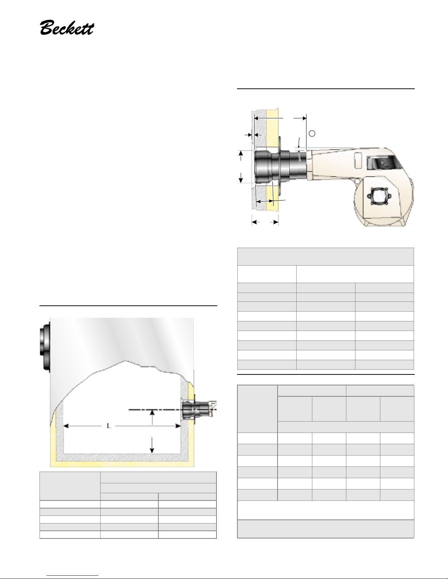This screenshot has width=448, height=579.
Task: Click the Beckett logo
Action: tap(67, 28)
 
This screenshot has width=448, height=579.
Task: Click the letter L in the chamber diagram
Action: tap(109, 426)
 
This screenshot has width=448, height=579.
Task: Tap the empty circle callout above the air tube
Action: tap(312, 133)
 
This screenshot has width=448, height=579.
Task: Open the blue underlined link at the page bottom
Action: tap(72, 575)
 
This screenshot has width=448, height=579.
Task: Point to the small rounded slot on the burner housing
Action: tap(358, 160)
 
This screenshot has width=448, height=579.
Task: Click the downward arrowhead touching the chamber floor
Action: tap(152, 450)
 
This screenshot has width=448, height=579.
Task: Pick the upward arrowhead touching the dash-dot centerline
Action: tap(152, 413)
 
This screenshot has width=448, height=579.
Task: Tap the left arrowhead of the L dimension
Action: tap(66, 426)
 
